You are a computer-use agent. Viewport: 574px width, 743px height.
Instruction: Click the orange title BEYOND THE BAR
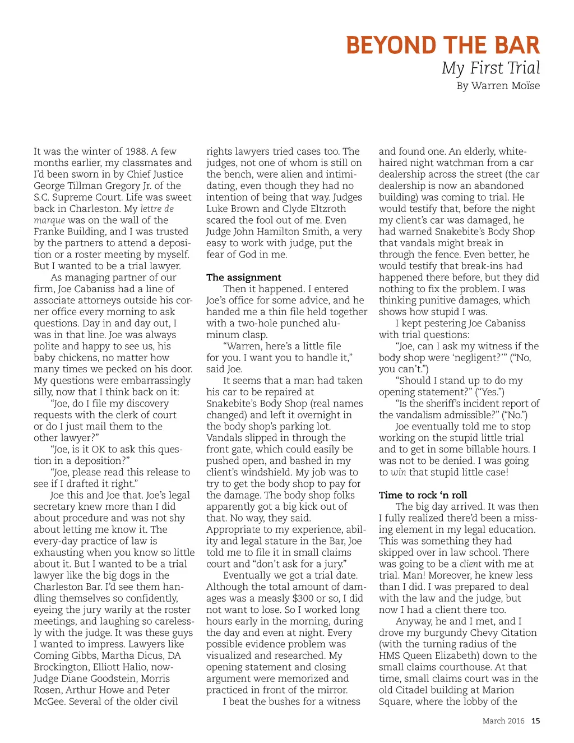pyautogui.click(x=442, y=45)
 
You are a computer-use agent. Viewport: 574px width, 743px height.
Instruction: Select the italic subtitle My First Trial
pyautogui.click(x=490, y=68)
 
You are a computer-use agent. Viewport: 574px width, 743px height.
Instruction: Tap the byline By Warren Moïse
pyautogui.click(x=498, y=86)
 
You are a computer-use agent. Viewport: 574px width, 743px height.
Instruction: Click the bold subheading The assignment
pyautogui.click(x=243, y=277)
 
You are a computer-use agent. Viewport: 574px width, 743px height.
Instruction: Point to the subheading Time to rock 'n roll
pyautogui.click(x=423, y=495)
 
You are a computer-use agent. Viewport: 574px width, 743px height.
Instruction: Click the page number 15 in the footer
pyautogui.click(x=536, y=721)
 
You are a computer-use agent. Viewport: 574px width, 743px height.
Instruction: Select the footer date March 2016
pyautogui.click(x=503, y=721)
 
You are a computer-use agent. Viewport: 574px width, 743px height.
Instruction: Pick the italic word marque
pyautogui.click(x=49, y=220)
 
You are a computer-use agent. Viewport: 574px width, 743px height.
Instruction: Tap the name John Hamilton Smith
pyautogui.click(x=292, y=232)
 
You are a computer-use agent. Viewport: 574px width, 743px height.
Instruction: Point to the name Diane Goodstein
pyautogui.click(x=96, y=679)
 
